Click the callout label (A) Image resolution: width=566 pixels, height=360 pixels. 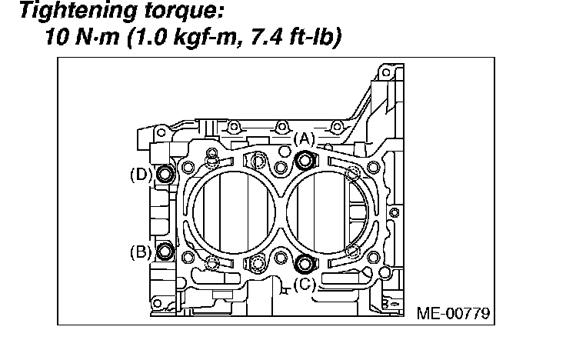coord(305,138)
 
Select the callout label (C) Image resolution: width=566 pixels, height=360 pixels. coord(305,284)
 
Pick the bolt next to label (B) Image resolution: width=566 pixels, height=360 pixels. coord(165,252)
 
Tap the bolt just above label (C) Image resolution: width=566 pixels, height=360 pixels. coord(305,263)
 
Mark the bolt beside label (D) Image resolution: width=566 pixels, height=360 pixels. coord(165,175)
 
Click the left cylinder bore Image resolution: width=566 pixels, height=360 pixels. coord(235,212)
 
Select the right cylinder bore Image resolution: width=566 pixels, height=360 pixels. coord(327,212)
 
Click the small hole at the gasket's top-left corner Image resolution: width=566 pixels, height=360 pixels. coord(188,166)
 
